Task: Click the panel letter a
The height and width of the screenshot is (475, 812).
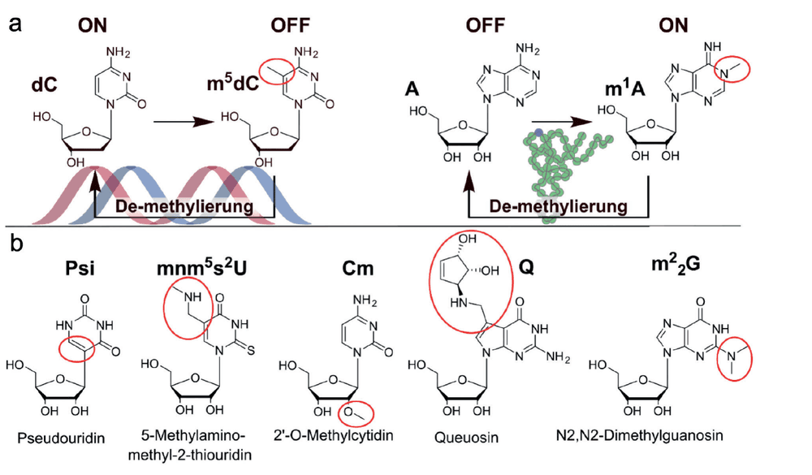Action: click(15, 24)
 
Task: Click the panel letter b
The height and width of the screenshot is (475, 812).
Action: click(16, 243)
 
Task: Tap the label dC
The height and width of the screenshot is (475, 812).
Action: click(44, 85)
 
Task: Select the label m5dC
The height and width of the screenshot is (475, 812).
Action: click(232, 82)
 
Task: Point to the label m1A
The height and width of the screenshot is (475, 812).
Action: click(625, 88)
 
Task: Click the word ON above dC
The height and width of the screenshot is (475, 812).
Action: click(93, 25)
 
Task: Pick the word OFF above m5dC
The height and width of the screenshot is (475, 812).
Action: click(290, 25)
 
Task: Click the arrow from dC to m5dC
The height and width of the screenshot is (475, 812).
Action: click(184, 123)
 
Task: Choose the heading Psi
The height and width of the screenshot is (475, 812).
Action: click(80, 268)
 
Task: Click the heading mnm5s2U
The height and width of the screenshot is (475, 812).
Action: click(201, 268)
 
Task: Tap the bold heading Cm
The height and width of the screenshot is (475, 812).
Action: click(357, 268)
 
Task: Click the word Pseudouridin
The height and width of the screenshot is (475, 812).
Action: click(61, 438)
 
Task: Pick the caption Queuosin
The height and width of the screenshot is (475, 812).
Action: click(467, 437)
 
